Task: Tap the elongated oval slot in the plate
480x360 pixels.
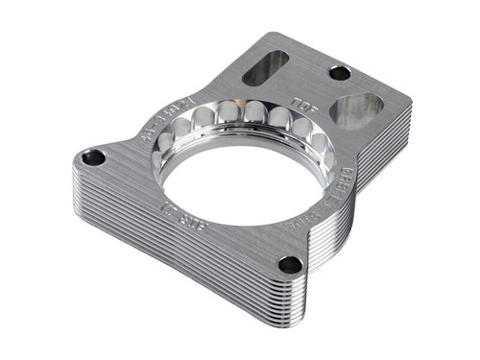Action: tap(267, 67)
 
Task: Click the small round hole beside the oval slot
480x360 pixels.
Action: tap(339, 72)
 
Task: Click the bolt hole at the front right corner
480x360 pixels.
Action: tap(289, 264)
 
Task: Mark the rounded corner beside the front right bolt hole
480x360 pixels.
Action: tap(305, 274)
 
